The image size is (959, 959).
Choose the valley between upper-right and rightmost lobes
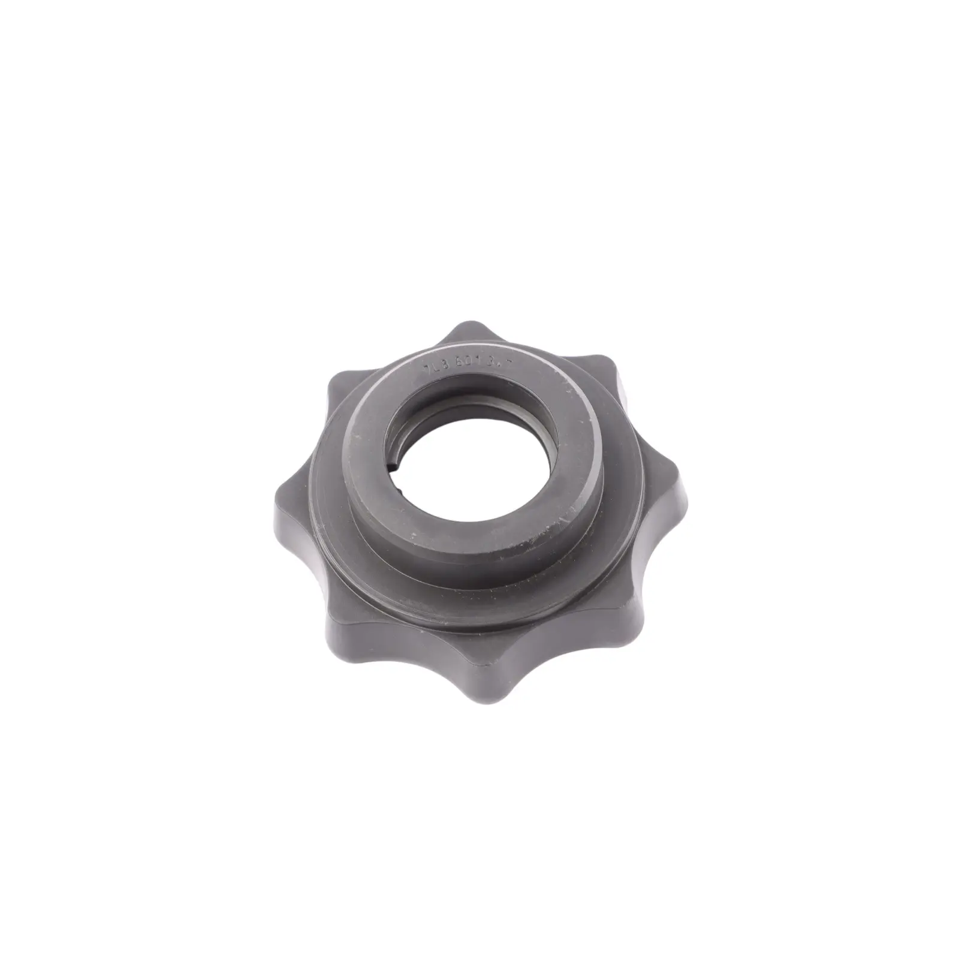(638, 414)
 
